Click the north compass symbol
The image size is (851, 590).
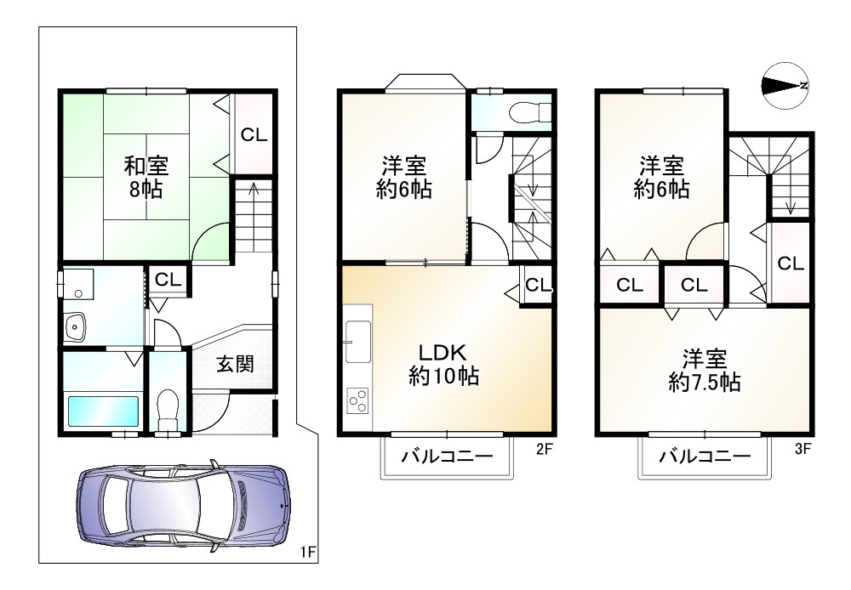pos(785,85)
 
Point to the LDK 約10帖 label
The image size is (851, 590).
pos(443,364)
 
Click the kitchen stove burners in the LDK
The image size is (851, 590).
pos(357,400)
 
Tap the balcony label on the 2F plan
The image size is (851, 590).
pos(448,457)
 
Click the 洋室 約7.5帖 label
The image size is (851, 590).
pos(703,371)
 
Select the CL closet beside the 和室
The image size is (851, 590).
pos(252,134)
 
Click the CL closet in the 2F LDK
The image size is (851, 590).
pos(537,286)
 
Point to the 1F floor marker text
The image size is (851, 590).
pos(307,553)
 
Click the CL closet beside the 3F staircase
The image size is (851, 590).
pos(791,264)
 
